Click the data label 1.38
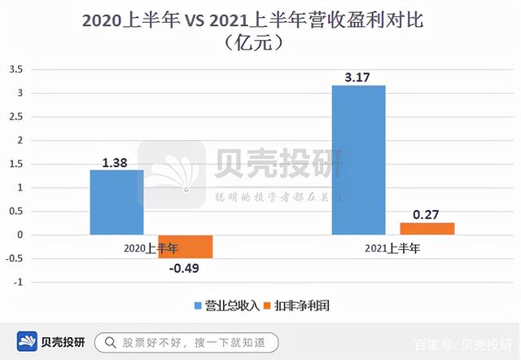pos(116,163)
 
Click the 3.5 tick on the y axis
pos(15,69)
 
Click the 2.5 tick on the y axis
pos(15,116)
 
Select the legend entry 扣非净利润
pos(303,306)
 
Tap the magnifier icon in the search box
pos(108,342)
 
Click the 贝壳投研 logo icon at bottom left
pos(29,342)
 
